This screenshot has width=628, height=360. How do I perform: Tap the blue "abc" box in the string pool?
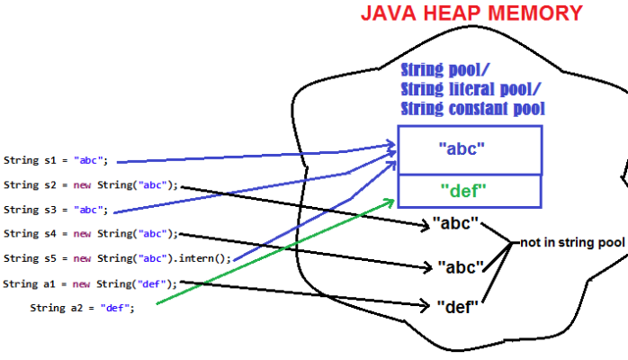point(468,149)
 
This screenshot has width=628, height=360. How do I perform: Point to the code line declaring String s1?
point(56,160)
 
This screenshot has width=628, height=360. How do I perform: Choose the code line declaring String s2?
point(91,185)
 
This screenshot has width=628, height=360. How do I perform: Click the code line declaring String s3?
point(56,210)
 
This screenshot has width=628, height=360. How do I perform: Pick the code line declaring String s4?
point(91,234)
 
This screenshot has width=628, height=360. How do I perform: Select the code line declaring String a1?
point(91,283)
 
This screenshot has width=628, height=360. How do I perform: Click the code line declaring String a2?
point(82,308)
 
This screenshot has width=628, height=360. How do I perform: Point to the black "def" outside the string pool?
point(456,307)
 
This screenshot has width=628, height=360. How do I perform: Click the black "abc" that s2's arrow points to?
point(454,222)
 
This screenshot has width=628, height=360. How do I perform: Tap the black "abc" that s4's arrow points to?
point(461,266)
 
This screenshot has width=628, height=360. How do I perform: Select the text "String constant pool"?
point(473,108)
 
